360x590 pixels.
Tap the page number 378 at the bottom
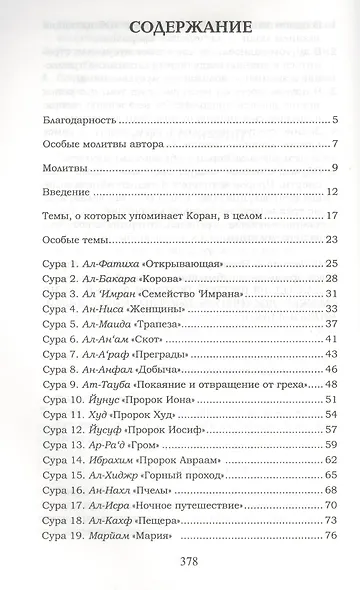(x=181, y=562)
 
